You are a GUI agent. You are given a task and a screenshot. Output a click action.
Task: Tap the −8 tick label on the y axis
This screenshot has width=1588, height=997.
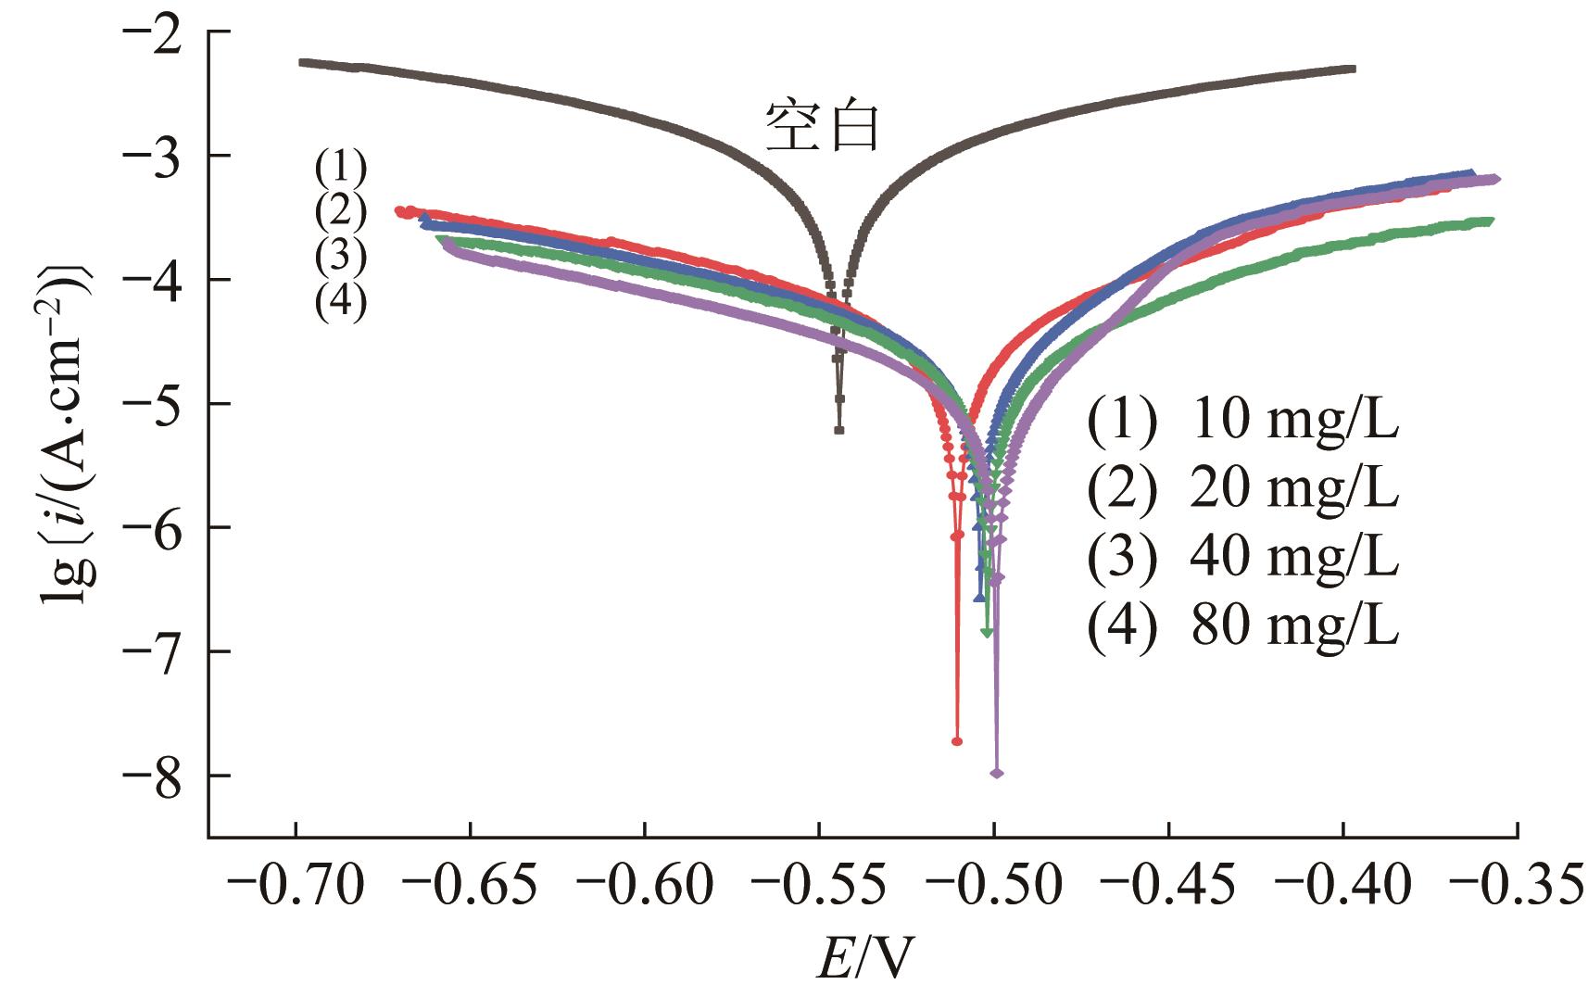(x=160, y=776)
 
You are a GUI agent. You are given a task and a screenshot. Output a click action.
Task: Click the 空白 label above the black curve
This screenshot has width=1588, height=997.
(x=821, y=127)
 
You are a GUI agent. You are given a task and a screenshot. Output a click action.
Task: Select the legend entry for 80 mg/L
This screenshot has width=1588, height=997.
(x=1242, y=626)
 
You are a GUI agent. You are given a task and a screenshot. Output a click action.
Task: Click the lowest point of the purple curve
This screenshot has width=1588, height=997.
(x=997, y=773)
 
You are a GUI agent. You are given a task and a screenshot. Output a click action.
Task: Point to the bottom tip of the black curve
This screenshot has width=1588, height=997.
(x=839, y=430)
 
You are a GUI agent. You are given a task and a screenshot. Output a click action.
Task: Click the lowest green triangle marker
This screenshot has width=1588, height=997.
(x=987, y=632)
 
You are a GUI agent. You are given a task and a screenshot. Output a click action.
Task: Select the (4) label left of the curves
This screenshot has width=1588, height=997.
(x=340, y=301)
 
